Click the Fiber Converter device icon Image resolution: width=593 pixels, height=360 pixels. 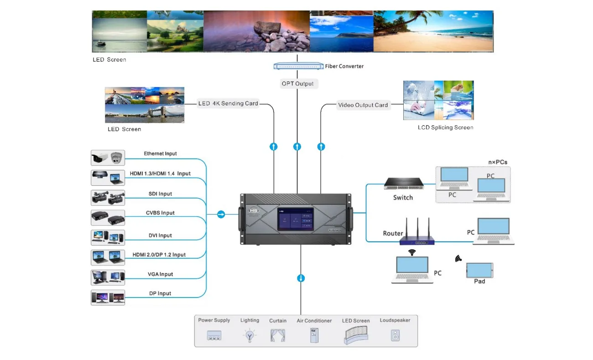[x=298, y=66]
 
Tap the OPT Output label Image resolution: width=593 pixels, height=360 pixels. [x=297, y=84]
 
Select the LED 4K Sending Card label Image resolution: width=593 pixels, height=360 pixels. [x=228, y=104]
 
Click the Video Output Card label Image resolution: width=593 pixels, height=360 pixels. [x=363, y=105]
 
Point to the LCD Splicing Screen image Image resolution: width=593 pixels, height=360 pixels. [x=438, y=100]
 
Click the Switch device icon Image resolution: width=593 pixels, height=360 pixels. [x=404, y=183]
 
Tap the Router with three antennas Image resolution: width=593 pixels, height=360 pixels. [x=416, y=234]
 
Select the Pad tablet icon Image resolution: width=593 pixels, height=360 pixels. [x=479, y=270]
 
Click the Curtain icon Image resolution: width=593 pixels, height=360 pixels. [x=277, y=336]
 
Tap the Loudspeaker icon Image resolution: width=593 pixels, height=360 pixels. [x=395, y=336]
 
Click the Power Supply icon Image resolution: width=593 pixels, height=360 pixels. [x=214, y=336]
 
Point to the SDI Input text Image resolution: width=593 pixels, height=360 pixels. [x=160, y=194]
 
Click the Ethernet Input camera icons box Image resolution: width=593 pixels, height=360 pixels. [x=108, y=158]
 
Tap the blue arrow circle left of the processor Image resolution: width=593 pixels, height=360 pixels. [x=221, y=214]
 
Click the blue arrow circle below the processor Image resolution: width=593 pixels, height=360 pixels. [x=301, y=278]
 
